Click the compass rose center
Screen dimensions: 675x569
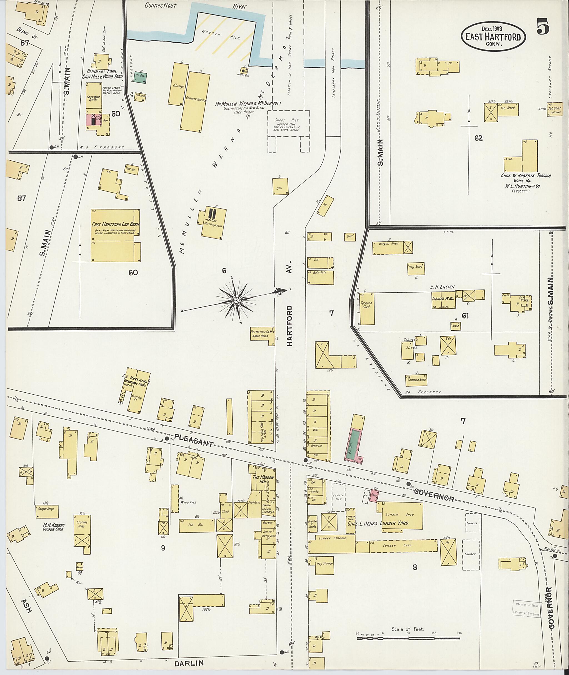pos(236,300)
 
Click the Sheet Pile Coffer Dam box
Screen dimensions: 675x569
pos(288,123)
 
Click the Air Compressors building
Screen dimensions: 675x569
pos(213,222)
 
